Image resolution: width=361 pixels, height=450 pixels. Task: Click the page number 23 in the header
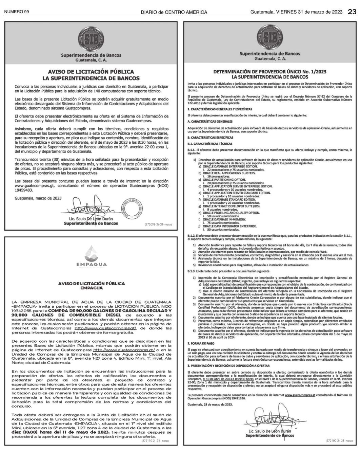[x=352, y=12]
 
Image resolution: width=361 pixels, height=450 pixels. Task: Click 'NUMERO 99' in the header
[x=16, y=12]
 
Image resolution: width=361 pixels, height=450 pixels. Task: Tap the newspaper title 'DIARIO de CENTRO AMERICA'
[x=174, y=12]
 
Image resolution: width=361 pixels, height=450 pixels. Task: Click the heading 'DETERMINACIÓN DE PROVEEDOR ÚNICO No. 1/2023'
[x=270, y=72]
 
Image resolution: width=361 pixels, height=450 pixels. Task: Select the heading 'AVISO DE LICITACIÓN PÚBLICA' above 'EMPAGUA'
[x=91, y=283]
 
